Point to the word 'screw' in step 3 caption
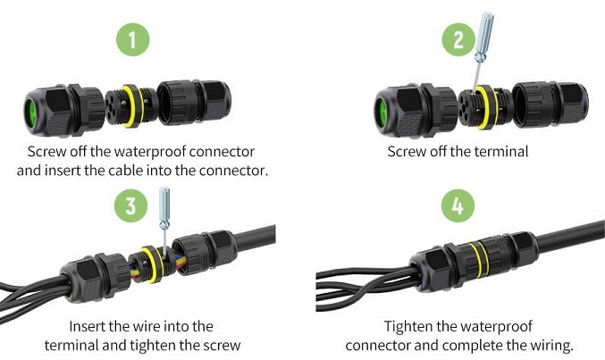(x=223, y=344)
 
